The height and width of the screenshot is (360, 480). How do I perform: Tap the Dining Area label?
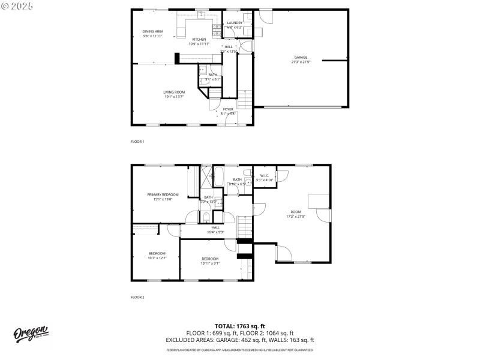point(152,34)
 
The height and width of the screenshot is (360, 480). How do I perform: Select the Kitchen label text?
point(199,41)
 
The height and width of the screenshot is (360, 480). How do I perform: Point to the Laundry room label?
point(234,25)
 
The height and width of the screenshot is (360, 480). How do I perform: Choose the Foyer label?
point(228,111)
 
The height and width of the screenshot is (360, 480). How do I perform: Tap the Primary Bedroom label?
point(163,196)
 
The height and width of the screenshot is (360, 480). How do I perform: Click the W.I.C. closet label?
point(265,178)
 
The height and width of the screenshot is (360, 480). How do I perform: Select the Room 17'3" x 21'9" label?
point(296,214)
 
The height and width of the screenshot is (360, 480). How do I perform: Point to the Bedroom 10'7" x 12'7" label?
point(157,256)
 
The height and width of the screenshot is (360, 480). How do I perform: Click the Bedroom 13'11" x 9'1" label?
point(210,260)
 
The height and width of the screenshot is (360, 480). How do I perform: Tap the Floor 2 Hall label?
point(215,229)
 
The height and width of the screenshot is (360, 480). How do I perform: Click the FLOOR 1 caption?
point(137,142)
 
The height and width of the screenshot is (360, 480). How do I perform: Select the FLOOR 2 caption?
point(137,297)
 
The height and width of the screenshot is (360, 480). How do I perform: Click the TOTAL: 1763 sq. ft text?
point(239,326)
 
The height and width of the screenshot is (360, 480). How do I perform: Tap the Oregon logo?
point(31,335)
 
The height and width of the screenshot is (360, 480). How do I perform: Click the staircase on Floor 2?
point(244,227)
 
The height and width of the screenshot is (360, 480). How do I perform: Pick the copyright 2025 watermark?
point(17,5)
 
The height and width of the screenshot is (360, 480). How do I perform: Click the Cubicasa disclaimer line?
point(239,349)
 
